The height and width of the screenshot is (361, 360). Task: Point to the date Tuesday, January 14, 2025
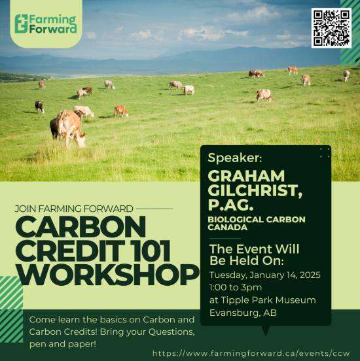(264, 275)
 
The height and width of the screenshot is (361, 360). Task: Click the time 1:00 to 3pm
(236, 287)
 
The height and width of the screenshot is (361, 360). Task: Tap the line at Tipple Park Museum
(262, 300)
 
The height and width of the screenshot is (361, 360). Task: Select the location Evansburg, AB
(243, 313)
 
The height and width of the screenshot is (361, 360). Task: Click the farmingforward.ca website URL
(255, 353)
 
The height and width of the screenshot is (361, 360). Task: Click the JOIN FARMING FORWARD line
(74, 209)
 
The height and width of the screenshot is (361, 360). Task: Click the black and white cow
(39, 106)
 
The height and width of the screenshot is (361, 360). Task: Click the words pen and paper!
(60, 343)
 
